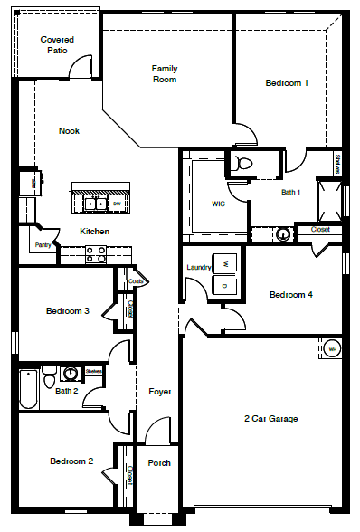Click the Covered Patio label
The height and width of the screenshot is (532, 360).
pyautogui.click(x=57, y=45)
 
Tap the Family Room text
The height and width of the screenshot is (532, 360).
pyautogui.click(x=165, y=74)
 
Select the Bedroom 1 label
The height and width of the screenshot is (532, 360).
pyautogui.click(x=287, y=83)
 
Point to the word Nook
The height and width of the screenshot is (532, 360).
pyautogui.click(x=69, y=131)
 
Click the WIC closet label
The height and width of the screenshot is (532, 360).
pyautogui.click(x=218, y=204)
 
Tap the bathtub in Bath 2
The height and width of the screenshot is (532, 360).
pyautogui.click(x=27, y=389)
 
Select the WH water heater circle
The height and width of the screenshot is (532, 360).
pyautogui.click(x=332, y=348)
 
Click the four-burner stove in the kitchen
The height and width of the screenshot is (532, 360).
pyautogui.click(x=95, y=254)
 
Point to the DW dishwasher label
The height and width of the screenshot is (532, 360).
pyautogui.click(x=118, y=204)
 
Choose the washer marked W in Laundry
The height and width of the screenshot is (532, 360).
pyautogui.click(x=225, y=264)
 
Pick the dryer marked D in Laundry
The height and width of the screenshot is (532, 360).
pyautogui.click(x=225, y=285)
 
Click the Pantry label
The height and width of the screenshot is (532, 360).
pyautogui.click(x=43, y=245)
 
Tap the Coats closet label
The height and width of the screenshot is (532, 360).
pyautogui.click(x=136, y=281)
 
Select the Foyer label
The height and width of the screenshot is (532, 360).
pyautogui.click(x=160, y=391)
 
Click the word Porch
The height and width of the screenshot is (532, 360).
pyautogui.click(x=159, y=462)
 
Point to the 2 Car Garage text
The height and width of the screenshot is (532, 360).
pyautogui.click(x=270, y=418)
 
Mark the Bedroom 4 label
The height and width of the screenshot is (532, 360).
pyautogui.click(x=291, y=294)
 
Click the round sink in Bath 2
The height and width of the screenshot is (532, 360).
pyautogui.click(x=71, y=372)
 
